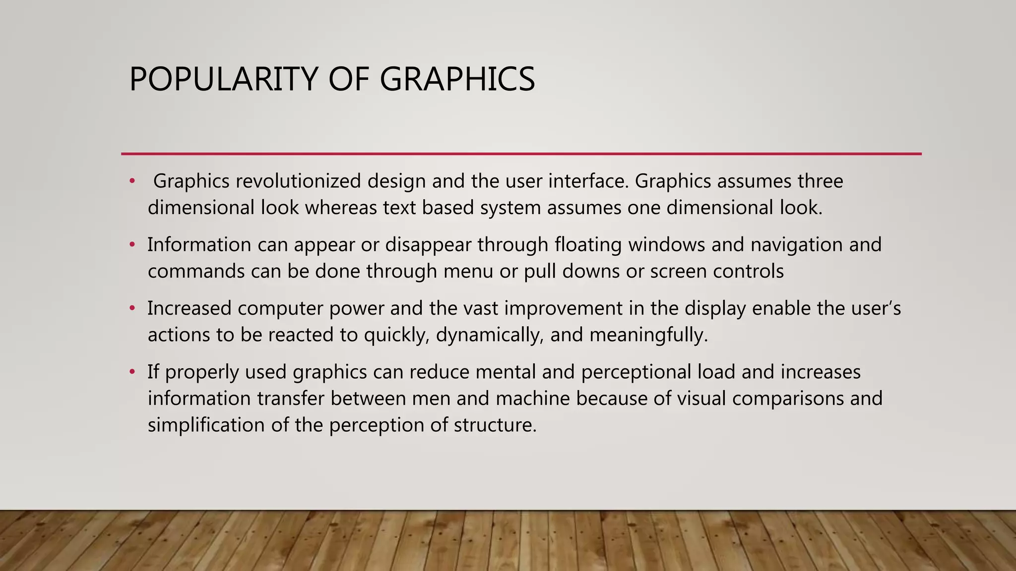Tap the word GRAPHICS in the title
click(x=457, y=79)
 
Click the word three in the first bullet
click(x=820, y=181)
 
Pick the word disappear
click(x=428, y=245)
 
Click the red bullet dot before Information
click(x=132, y=245)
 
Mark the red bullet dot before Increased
click(x=132, y=308)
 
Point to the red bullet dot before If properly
click(x=132, y=372)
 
